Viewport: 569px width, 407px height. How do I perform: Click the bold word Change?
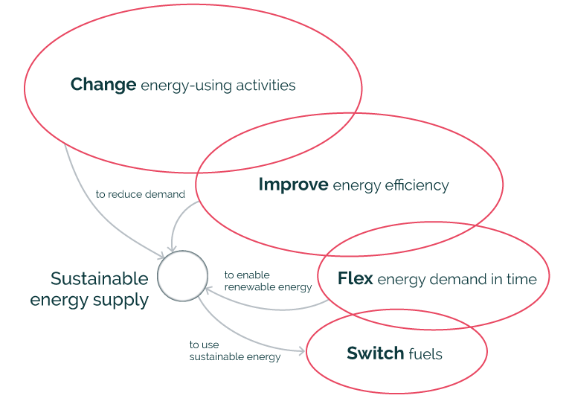(103, 85)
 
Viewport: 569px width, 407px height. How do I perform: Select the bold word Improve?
(293, 185)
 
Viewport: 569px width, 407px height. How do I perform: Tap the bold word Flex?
(356, 278)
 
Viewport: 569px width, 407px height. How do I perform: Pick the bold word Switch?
(375, 353)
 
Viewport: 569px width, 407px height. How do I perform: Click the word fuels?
(425, 353)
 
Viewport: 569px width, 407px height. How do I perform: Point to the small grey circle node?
(182, 275)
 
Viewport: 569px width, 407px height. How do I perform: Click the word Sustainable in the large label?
(100, 278)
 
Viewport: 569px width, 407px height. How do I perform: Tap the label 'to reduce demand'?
(141, 194)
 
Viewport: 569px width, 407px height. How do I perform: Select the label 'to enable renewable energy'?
(268, 281)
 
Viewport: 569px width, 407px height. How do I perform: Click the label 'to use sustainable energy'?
(235, 350)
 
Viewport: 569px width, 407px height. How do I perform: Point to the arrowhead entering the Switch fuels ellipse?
(302, 350)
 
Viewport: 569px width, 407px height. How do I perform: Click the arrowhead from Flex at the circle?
(208, 290)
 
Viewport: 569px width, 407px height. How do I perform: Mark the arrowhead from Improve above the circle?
(171, 248)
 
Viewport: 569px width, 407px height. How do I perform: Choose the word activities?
(266, 86)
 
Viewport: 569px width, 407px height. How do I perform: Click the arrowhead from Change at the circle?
(161, 255)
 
